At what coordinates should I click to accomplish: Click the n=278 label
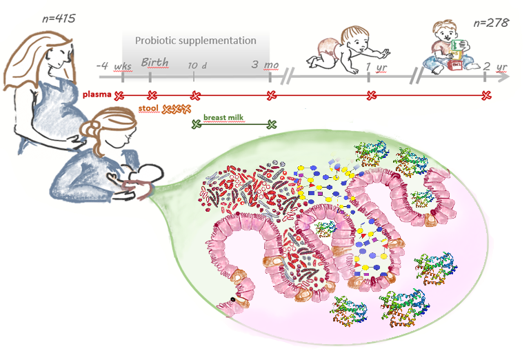(491, 22)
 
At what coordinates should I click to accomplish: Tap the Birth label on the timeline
(154, 63)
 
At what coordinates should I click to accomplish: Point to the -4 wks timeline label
(114, 65)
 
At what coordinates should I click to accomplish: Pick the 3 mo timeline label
(265, 65)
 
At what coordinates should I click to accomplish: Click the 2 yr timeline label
(496, 66)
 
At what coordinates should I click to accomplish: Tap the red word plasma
(97, 94)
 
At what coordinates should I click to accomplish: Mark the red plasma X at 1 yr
(371, 95)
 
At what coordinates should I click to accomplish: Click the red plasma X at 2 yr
(486, 95)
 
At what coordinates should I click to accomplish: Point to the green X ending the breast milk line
(271, 124)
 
